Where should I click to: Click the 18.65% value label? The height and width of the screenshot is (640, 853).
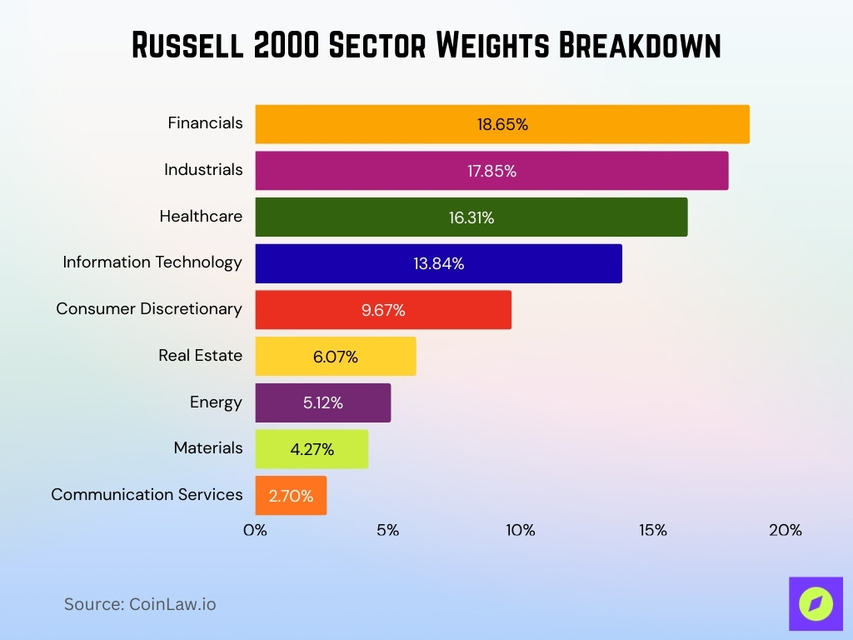pyautogui.click(x=502, y=125)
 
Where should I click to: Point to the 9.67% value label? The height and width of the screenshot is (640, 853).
pyautogui.click(x=383, y=311)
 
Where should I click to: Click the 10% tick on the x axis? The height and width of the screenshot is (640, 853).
pyautogui.click(x=520, y=530)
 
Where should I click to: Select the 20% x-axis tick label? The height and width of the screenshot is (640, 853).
pyautogui.click(x=785, y=530)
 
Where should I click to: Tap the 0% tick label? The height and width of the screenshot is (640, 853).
pyautogui.click(x=255, y=530)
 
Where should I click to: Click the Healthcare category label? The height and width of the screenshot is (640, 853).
pyautogui.click(x=201, y=216)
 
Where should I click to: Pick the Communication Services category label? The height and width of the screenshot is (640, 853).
pyautogui.click(x=147, y=494)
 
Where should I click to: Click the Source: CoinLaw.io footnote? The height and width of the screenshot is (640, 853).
pyautogui.click(x=140, y=604)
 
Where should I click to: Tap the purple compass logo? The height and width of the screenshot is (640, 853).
pyautogui.click(x=816, y=603)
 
